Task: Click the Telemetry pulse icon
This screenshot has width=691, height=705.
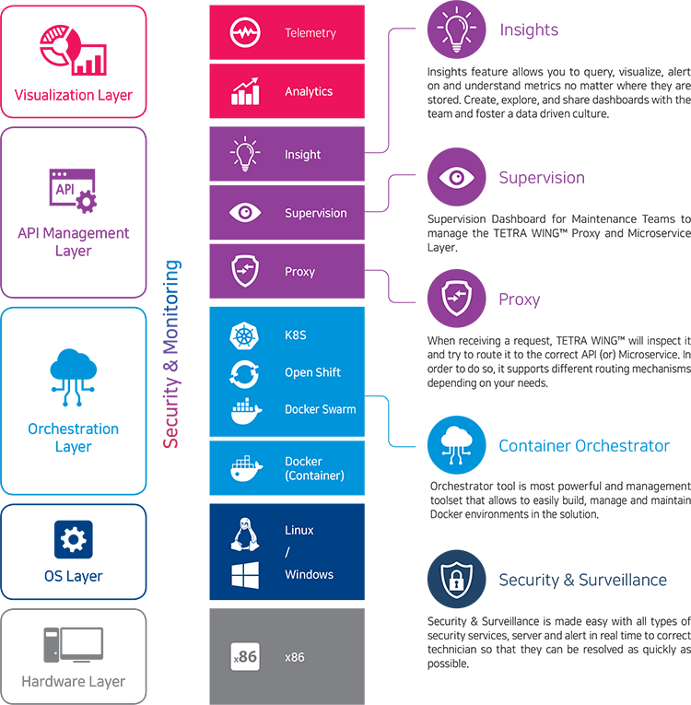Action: (x=244, y=33)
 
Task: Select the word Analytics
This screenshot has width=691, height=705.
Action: (x=309, y=92)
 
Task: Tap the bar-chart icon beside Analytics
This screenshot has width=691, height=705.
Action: (x=244, y=91)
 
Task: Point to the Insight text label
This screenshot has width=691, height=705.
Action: (x=302, y=155)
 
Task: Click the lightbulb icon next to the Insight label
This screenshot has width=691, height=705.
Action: (x=244, y=155)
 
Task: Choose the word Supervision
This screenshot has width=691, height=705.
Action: (x=315, y=213)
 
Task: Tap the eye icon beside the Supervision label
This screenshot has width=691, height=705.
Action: (x=244, y=213)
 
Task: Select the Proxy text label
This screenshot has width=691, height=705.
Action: (x=299, y=272)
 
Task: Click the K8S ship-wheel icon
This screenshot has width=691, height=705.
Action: (x=244, y=335)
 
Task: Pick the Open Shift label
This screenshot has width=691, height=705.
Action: (x=312, y=372)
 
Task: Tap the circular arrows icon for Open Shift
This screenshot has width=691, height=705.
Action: (x=244, y=373)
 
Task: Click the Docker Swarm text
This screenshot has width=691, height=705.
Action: (x=320, y=409)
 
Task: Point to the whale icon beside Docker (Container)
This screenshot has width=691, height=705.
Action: (x=244, y=468)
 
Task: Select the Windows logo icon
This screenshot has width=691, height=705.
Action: (x=244, y=575)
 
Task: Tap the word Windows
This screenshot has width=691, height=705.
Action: (x=309, y=575)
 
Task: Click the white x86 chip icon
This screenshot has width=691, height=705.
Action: (x=244, y=657)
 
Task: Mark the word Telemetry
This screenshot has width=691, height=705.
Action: (x=310, y=33)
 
